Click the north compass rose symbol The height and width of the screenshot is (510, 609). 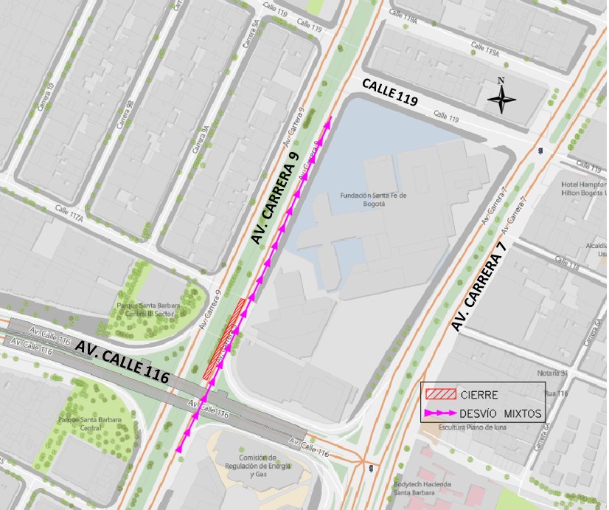[501, 99]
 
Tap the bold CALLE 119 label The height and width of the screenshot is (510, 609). [389, 94]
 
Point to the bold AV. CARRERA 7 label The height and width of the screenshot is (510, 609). [481, 285]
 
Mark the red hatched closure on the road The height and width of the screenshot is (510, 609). [226, 340]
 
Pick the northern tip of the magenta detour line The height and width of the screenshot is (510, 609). [330, 117]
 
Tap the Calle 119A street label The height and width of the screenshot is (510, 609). [487, 51]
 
